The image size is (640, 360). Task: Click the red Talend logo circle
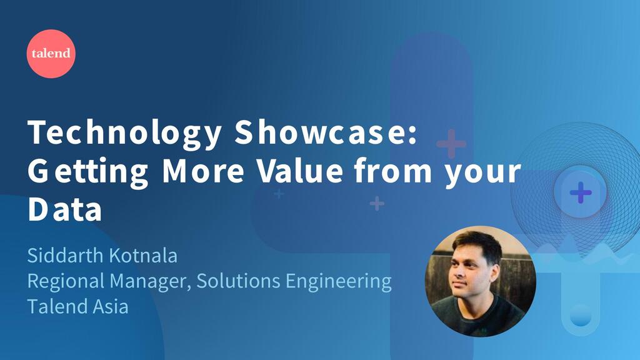coord(51,54)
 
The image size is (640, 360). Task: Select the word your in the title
coord(483,174)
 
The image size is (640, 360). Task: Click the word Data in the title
coord(64,209)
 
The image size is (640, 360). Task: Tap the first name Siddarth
coord(65,256)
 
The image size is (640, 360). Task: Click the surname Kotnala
coord(143,256)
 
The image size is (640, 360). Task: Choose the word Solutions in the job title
coord(238,281)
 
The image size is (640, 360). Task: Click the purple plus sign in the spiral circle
coord(581,192)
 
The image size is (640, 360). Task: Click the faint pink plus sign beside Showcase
coord(451,144)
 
